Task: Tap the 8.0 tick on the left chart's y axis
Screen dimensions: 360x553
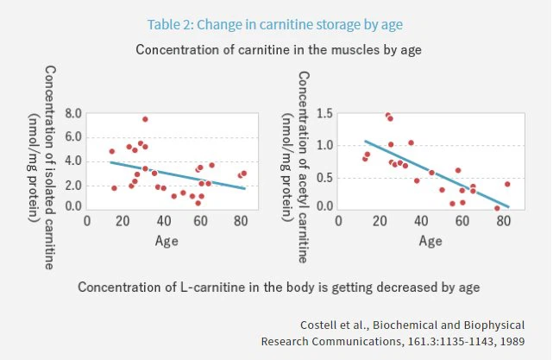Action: [x=72, y=114]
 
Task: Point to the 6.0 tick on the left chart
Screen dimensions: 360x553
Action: [x=72, y=137]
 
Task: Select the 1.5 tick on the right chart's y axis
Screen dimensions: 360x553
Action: [x=324, y=114]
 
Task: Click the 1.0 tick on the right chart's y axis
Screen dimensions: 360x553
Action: [x=324, y=145]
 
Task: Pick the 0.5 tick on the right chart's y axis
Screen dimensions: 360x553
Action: [x=324, y=176]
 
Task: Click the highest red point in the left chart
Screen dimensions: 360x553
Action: [x=145, y=119]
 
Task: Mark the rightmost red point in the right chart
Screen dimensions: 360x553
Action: [x=507, y=184]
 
